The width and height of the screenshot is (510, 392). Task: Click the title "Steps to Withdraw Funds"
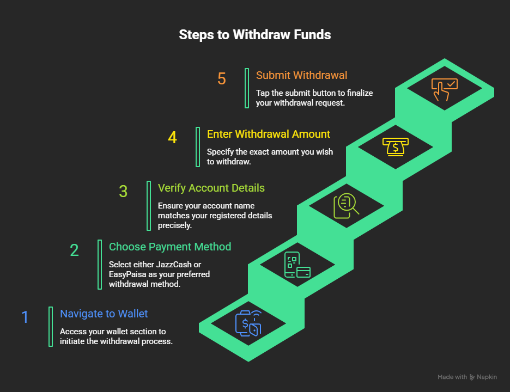[254, 35]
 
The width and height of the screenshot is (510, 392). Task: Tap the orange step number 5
[222, 79]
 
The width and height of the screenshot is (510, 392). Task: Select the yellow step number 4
[172, 138]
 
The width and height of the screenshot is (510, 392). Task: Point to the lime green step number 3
[123, 192]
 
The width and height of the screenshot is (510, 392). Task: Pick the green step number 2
[74, 250]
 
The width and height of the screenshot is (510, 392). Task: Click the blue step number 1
[25, 317]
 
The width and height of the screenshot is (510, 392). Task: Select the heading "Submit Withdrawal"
[301, 76]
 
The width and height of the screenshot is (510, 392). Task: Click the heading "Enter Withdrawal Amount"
[269, 134]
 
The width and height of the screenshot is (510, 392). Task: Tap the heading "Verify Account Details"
[211, 188]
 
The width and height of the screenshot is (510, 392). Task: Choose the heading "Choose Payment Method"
[170, 247]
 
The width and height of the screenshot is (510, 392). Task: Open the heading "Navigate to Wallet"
[104, 314]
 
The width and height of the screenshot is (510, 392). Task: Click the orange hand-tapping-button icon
[444, 89]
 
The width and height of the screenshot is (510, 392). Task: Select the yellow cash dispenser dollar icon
[396, 147]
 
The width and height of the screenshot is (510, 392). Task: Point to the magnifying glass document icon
[346, 206]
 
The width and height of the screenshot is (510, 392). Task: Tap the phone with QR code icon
[297, 265]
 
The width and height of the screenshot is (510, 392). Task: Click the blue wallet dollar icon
[248, 323]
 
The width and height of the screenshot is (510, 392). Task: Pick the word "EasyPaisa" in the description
[127, 274]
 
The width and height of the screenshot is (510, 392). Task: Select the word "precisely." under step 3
[175, 225]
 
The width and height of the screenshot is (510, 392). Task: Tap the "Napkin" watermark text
[487, 377]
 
